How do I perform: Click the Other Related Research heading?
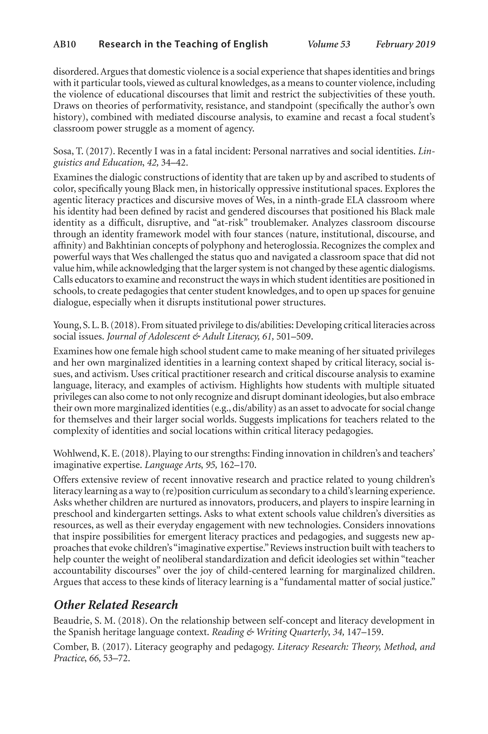116,605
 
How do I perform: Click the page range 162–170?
238,465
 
